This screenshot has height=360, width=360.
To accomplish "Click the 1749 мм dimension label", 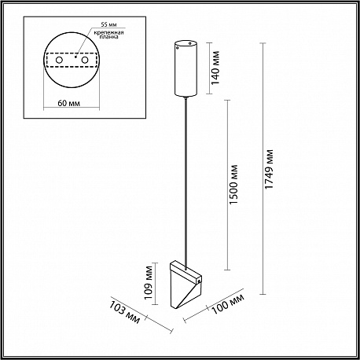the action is [270, 169].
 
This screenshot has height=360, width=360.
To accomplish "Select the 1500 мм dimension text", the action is [233, 185].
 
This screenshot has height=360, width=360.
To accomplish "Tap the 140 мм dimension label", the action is [215, 68].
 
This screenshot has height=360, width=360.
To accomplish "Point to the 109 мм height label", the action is [149, 283].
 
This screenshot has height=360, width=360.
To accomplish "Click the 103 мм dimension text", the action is [124, 312].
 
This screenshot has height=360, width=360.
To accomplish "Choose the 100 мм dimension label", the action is [228, 303].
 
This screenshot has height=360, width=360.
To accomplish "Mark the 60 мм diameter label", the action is [68, 103].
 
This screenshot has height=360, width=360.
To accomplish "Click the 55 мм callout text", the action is [109, 24].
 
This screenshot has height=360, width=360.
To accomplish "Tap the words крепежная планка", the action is [110, 35].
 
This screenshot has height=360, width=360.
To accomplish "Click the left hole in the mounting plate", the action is [59, 60].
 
